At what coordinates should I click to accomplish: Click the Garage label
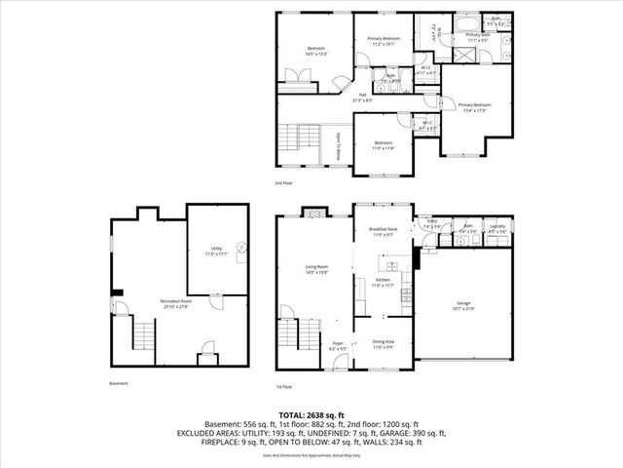(462, 304)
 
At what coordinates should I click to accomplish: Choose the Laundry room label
(496, 230)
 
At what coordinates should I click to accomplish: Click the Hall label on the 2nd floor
(361, 97)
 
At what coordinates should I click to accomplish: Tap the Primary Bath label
(478, 37)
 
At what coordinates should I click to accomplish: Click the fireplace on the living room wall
(315, 212)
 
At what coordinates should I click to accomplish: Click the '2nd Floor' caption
(284, 183)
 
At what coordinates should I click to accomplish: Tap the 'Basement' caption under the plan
(119, 383)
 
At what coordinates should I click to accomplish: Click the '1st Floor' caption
(284, 383)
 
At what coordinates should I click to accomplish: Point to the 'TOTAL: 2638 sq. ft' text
(311, 416)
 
